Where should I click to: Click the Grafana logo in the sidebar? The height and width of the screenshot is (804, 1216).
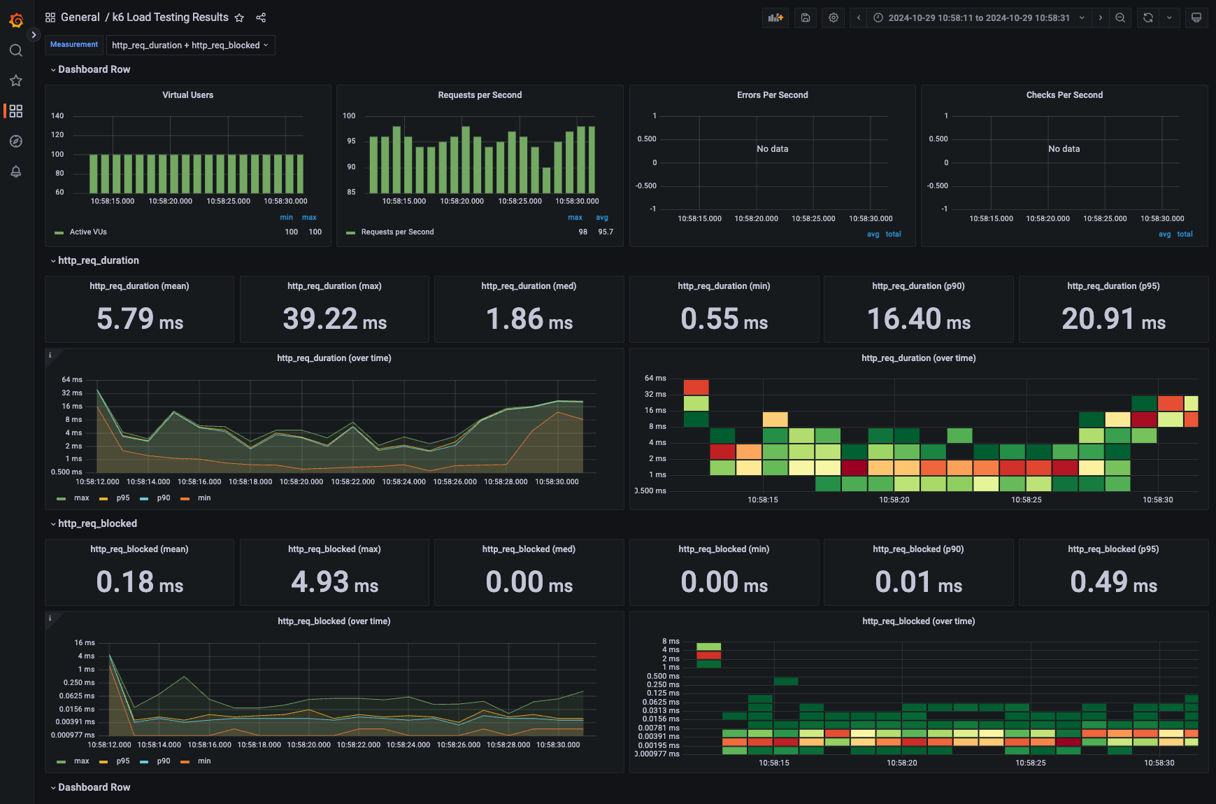tap(16, 20)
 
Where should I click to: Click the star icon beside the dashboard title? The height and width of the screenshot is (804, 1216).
tap(239, 17)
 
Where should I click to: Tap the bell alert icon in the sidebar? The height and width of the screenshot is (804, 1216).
tap(16, 171)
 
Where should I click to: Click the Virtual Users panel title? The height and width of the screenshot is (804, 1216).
tap(187, 95)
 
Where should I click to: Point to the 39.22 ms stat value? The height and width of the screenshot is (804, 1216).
tap(334, 319)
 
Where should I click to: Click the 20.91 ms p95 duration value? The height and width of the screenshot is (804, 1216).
tap(1113, 319)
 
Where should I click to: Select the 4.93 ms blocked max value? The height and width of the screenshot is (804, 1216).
tap(334, 582)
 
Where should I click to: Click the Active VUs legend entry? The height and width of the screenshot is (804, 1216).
tap(88, 232)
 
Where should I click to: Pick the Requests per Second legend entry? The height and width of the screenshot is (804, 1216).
tap(397, 232)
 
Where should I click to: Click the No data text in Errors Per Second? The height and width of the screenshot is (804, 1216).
tap(772, 149)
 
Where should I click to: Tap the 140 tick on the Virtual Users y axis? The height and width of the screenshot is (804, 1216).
tap(57, 116)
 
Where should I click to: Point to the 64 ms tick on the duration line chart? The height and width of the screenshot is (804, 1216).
tap(72, 380)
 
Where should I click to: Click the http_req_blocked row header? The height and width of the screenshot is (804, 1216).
tap(97, 523)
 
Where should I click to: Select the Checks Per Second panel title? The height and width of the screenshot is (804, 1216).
tap(1064, 95)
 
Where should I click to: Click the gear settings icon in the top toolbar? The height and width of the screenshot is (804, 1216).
tap(833, 18)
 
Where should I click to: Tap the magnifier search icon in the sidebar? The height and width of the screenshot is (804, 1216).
tap(16, 50)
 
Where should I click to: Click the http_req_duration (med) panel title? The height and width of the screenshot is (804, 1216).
tap(529, 286)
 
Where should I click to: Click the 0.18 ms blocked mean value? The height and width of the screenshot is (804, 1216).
tap(139, 582)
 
